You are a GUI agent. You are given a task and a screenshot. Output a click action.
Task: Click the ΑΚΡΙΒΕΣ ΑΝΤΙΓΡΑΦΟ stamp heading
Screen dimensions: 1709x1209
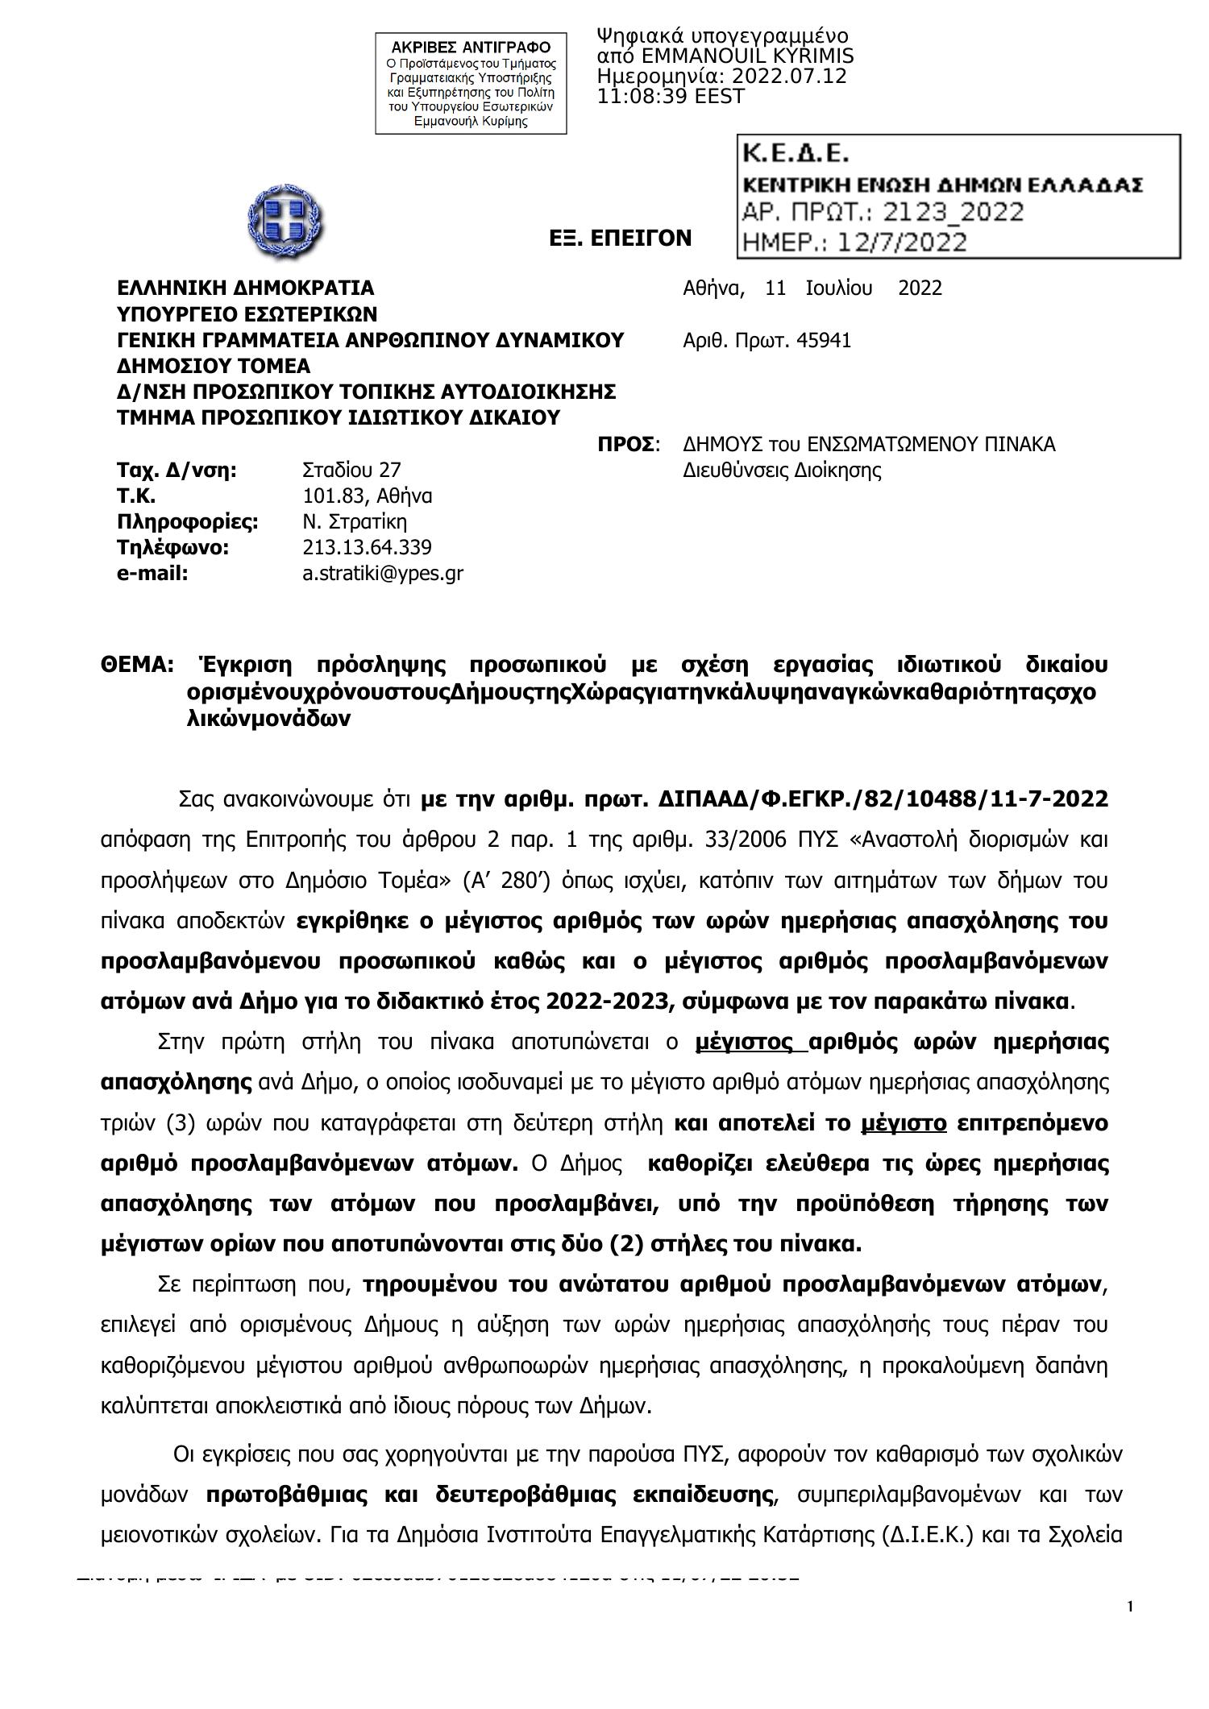pos(471,47)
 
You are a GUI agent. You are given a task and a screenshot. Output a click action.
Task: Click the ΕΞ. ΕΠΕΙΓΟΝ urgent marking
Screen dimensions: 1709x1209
pos(620,238)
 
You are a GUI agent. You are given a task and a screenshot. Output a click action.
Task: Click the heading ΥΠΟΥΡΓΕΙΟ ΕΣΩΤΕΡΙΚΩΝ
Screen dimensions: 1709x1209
pos(247,313)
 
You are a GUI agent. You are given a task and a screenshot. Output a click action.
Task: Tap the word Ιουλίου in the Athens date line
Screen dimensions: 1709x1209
pos(838,288)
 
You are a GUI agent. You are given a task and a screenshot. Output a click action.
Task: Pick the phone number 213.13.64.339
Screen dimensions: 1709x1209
pos(367,547)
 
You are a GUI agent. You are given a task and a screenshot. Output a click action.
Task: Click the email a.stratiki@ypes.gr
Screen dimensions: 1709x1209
pos(382,573)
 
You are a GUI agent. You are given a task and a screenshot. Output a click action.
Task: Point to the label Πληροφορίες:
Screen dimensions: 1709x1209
pos(187,521)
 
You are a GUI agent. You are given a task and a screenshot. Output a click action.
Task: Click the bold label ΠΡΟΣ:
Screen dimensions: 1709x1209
pos(628,444)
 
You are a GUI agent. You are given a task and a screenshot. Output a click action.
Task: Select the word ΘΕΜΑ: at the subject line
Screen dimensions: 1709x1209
pos(137,665)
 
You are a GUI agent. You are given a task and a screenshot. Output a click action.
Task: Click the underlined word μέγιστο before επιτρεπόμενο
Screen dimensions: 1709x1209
pos(904,1122)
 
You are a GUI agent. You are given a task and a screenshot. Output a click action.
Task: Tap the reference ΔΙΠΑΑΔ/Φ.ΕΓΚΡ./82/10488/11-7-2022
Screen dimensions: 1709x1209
pos(883,799)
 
